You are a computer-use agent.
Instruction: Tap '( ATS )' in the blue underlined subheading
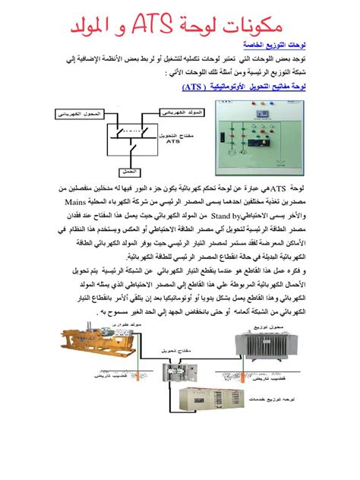click(x=200, y=87)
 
